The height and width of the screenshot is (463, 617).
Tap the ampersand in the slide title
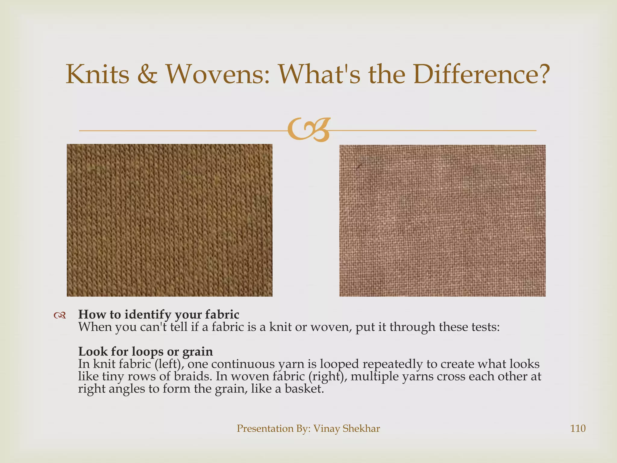[x=147, y=75]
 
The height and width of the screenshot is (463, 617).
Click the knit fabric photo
[x=170, y=220]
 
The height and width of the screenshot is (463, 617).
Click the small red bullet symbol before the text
[x=60, y=315]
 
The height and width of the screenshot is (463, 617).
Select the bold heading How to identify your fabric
[x=159, y=314]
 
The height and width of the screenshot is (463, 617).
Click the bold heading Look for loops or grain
[x=146, y=351]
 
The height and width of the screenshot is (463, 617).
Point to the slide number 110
[x=578, y=428]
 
